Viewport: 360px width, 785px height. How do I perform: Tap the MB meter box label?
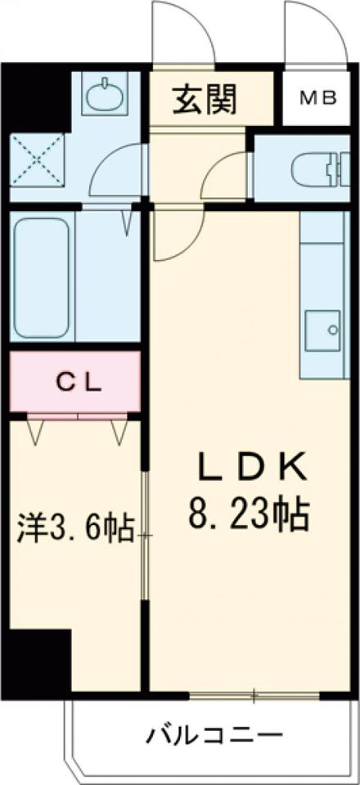point(321,99)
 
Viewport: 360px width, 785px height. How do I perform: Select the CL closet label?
point(79,382)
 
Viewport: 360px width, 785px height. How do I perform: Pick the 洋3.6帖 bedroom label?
point(76,529)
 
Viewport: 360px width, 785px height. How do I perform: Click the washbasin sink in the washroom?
point(106,96)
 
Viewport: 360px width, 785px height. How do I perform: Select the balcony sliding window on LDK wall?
point(254,697)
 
